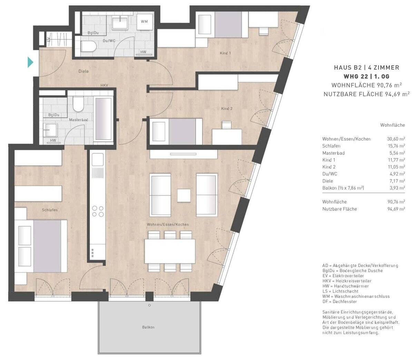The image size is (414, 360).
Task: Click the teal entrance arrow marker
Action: click(x=30, y=62)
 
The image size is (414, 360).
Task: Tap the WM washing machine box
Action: click(x=144, y=21)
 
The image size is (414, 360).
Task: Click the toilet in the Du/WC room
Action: click(x=88, y=47)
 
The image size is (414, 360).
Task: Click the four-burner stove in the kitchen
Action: click(x=98, y=211)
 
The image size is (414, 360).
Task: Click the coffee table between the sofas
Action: click(x=184, y=196)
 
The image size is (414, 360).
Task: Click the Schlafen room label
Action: click(x=50, y=210)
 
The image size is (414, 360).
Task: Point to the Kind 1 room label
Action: click(x=225, y=53)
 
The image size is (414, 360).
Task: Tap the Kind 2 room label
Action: click(x=227, y=109)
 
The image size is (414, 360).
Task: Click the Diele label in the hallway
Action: click(x=83, y=71)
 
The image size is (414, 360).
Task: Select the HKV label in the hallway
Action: click(x=104, y=85)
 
